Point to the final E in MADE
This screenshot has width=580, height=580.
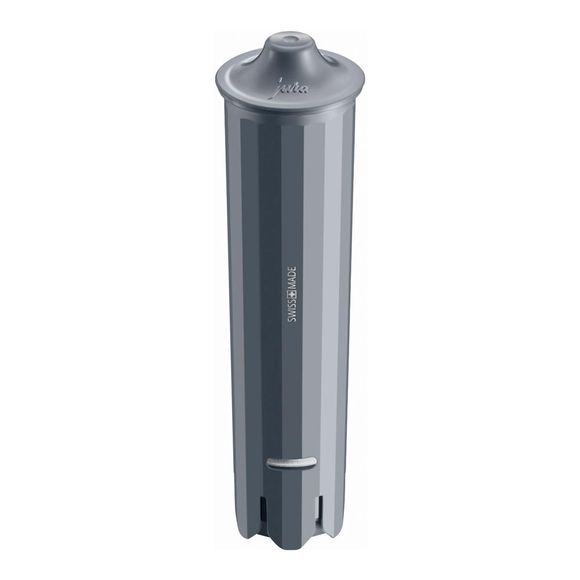point(292,269)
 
